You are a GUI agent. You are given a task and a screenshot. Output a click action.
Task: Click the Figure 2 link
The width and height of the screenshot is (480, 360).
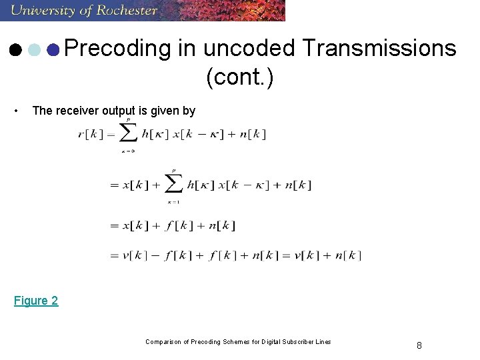(x=36, y=301)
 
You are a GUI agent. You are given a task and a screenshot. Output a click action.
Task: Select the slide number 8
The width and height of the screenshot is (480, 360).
(x=419, y=345)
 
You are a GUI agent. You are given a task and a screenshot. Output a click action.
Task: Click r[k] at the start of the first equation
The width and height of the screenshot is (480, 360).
(x=90, y=134)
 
